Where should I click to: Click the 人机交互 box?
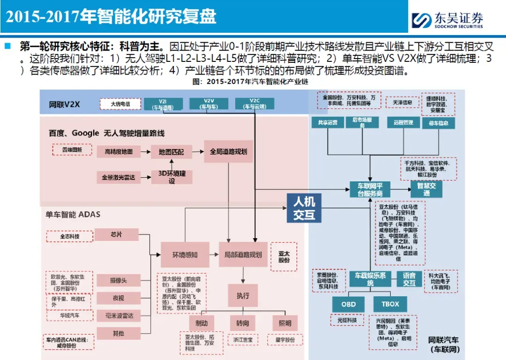[304, 209]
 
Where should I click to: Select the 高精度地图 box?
[119, 151]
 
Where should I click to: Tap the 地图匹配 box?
[171, 152]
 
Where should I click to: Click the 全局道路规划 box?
[228, 151]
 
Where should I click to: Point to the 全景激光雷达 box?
[119, 177]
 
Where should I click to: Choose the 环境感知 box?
[185, 255]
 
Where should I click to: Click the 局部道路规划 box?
[243, 255]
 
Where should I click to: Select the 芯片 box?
[116, 234]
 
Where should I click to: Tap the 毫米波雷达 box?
[118, 316]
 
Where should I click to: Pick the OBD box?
[348, 304]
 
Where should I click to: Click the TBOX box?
[390, 304]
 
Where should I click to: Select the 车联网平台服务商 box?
[370, 189]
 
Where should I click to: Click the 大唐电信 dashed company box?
[120, 104]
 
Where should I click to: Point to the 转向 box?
[242, 323]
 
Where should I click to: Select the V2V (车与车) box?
[208, 104]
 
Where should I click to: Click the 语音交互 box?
[409, 279]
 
